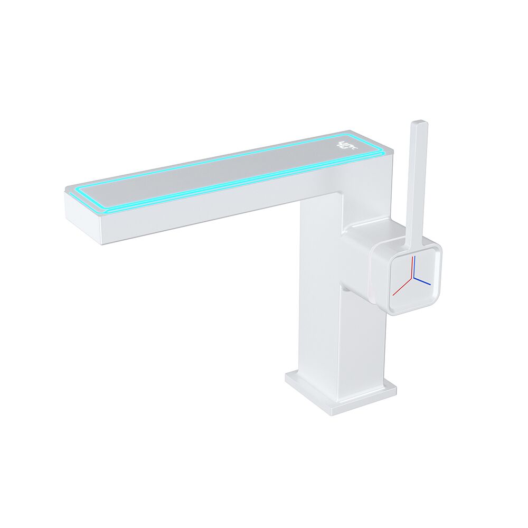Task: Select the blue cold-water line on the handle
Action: click(x=423, y=281)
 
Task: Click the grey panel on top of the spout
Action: click(x=222, y=169)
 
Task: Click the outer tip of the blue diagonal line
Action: click(x=430, y=285)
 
